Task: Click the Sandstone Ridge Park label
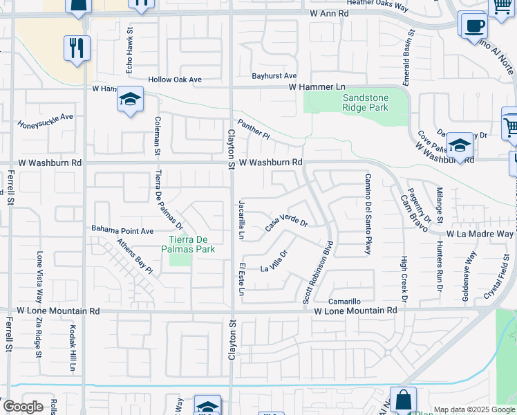point(366,103)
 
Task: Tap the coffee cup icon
point(474,26)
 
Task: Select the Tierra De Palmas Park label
point(189,245)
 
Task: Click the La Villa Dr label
point(273,264)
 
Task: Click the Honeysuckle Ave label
point(46,121)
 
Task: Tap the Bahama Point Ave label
point(122,229)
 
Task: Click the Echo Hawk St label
point(129,54)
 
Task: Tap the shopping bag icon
point(404,399)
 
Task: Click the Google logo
point(23,407)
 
